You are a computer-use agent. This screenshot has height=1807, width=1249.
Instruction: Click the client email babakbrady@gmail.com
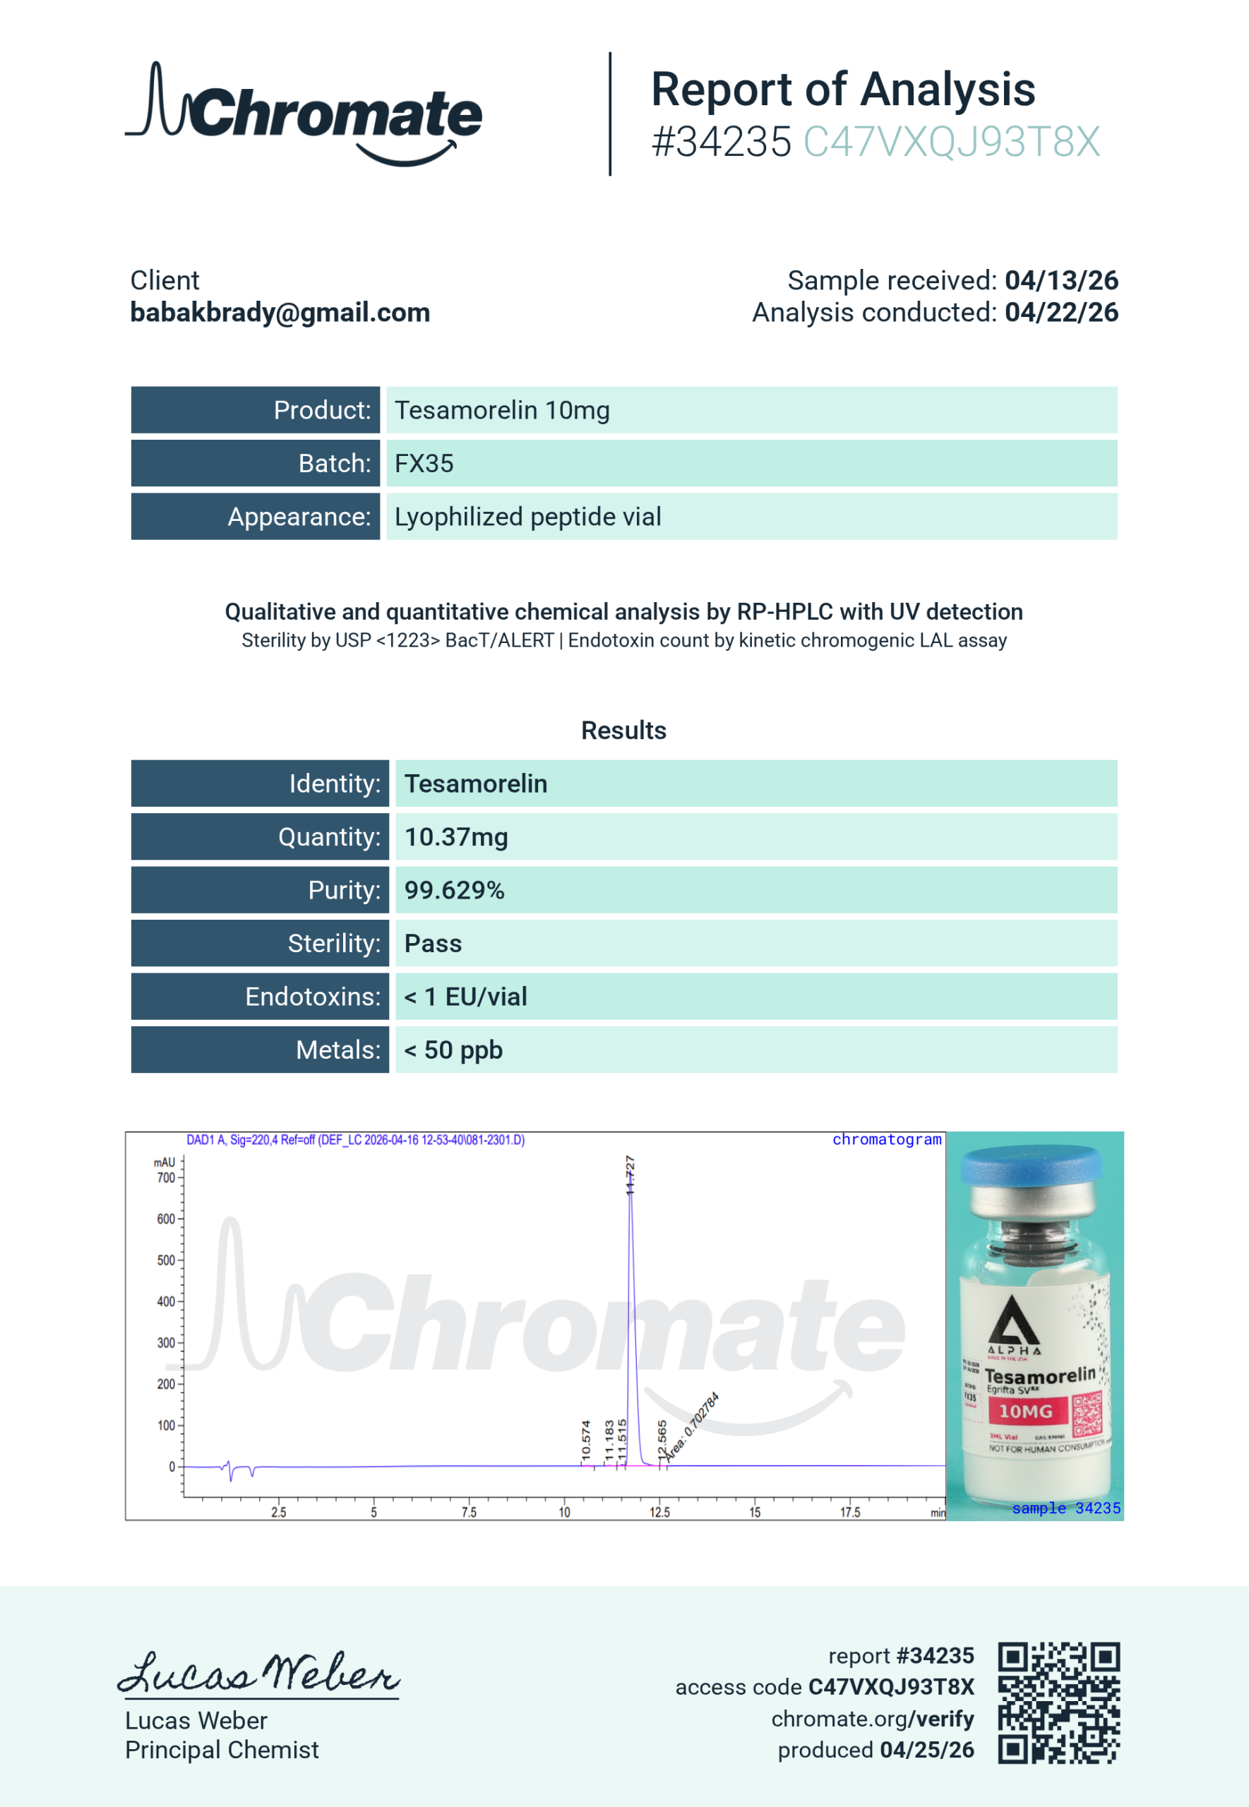coord(280,312)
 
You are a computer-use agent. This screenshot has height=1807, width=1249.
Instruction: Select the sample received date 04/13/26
coord(1060,280)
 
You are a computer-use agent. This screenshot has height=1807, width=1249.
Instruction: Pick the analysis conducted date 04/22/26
coord(1060,312)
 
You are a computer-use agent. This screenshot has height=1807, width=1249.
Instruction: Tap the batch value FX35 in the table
coord(424,463)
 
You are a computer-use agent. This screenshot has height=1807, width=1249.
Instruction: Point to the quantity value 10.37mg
coord(455,836)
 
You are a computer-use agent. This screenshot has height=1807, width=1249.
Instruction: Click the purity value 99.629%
coord(454,889)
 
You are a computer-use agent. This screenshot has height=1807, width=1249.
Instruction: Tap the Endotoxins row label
coord(312,996)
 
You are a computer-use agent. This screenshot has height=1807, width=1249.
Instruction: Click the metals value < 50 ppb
coord(453,1049)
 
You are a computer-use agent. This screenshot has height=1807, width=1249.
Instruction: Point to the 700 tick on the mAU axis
coord(166,1177)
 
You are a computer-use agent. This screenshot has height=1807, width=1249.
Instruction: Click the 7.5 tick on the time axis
coord(469,1512)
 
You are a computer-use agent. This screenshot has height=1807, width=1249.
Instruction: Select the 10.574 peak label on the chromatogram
coord(585,1440)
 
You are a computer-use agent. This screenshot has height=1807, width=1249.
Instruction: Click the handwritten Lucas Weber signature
coord(258,1674)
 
